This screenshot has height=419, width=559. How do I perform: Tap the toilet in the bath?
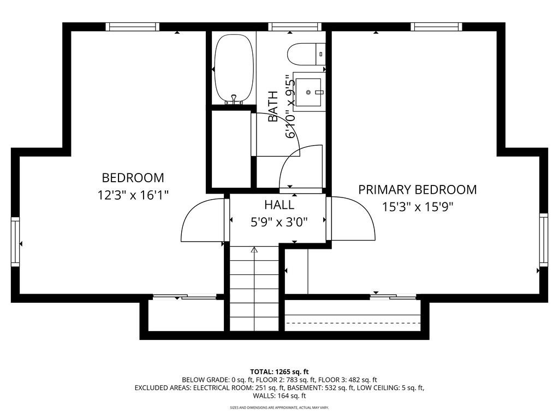[x=306, y=54]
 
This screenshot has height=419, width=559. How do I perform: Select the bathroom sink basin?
[x=309, y=92]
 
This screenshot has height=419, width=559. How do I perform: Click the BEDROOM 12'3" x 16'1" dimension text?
[x=133, y=195]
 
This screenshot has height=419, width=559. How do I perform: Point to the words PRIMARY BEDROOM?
[x=418, y=189]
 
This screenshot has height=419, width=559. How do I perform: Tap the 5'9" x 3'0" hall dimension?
[x=279, y=223]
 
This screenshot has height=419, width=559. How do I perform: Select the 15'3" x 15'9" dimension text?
[x=418, y=207]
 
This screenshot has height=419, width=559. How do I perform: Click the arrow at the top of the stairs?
[x=254, y=250]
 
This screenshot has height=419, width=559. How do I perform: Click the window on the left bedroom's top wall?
[x=133, y=27]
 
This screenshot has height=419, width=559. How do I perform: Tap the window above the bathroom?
[x=295, y=27]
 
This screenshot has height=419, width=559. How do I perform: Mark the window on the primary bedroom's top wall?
[x=436, y=27]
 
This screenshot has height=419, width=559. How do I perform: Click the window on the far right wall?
[x=544, y=240]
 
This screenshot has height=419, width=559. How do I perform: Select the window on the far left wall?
[x=15, y=242]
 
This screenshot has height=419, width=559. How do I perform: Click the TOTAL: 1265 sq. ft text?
[x=279, y=372]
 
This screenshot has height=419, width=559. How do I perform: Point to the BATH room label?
[x=273, y=106]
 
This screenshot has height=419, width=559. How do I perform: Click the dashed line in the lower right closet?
[x=353, y=323]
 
